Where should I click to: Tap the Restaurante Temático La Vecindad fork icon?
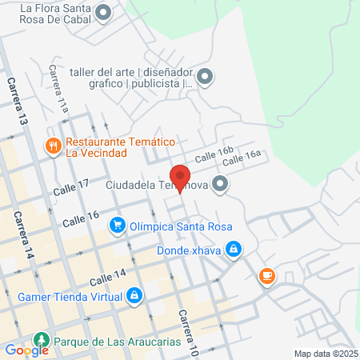pos(53,146)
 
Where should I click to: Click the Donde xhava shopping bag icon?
pos(233,250)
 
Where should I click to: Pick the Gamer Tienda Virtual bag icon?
pos(134,297)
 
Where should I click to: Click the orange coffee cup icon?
pos(266,277)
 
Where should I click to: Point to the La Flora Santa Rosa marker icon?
pos(103,11)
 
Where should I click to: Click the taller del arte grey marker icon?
pos(206,77)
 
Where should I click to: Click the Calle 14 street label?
pos(108,278)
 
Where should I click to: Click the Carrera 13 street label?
pos(17,100)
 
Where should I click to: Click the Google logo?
pos(26,350)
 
